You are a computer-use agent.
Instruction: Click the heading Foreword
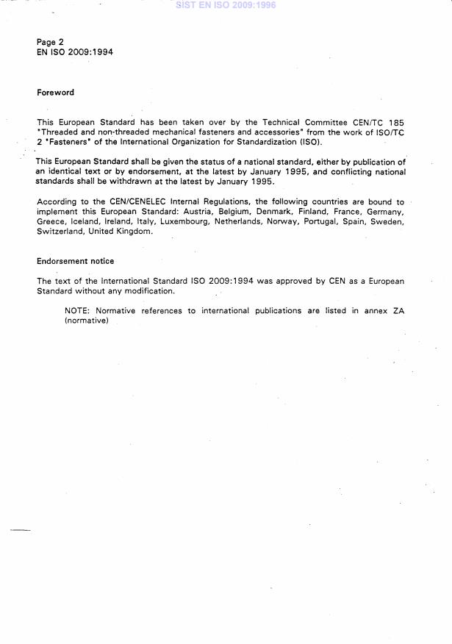click(x=55, y=93)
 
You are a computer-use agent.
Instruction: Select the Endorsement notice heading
click(x=75, y=261)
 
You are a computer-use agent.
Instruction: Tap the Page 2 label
click(x=50, y=43)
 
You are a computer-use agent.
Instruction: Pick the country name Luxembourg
click(x=184, y=221)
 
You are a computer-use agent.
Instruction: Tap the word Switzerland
click(x=60, y=231)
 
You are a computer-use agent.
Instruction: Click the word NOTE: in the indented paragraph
click(x=77, y=311)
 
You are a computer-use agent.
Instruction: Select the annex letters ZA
click(x=398, y=311)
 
